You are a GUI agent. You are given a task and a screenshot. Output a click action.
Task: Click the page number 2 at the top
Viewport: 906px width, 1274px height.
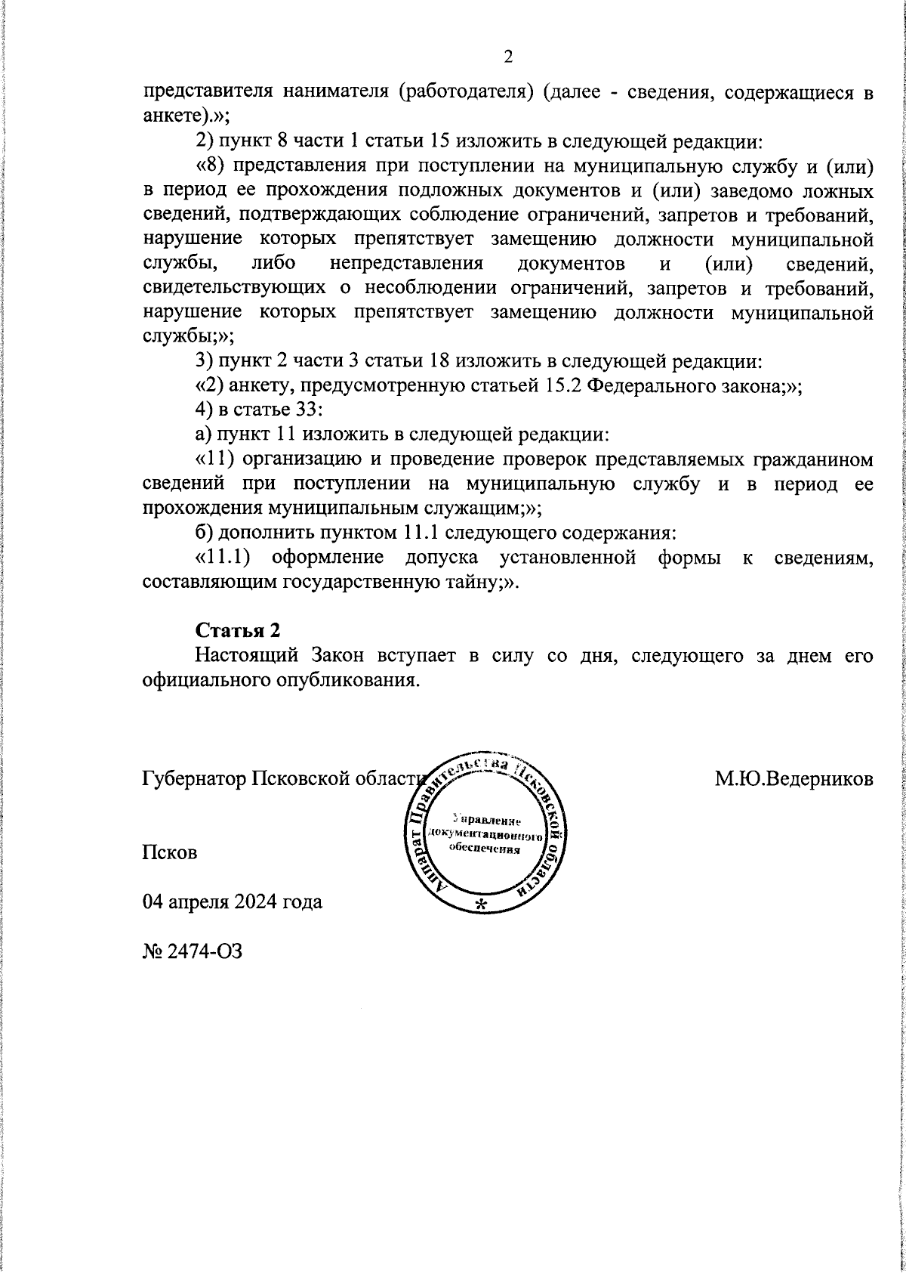click(x=507, y=57)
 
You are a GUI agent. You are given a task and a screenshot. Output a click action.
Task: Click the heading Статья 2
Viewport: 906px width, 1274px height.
click(x=238, y=630)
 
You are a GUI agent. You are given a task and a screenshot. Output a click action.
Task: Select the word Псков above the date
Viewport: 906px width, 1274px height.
click(x=170, y=852)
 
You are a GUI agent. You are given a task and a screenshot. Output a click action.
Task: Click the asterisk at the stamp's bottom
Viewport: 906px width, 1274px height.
click(x=481, y=904)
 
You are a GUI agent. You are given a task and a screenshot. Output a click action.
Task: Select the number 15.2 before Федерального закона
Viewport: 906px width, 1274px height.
click(x=562, y=385)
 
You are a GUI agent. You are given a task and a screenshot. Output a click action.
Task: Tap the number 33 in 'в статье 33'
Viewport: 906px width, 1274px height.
click(x=310, y=410)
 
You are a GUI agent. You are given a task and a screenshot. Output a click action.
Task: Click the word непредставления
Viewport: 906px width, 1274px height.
click(x=406, y=264)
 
